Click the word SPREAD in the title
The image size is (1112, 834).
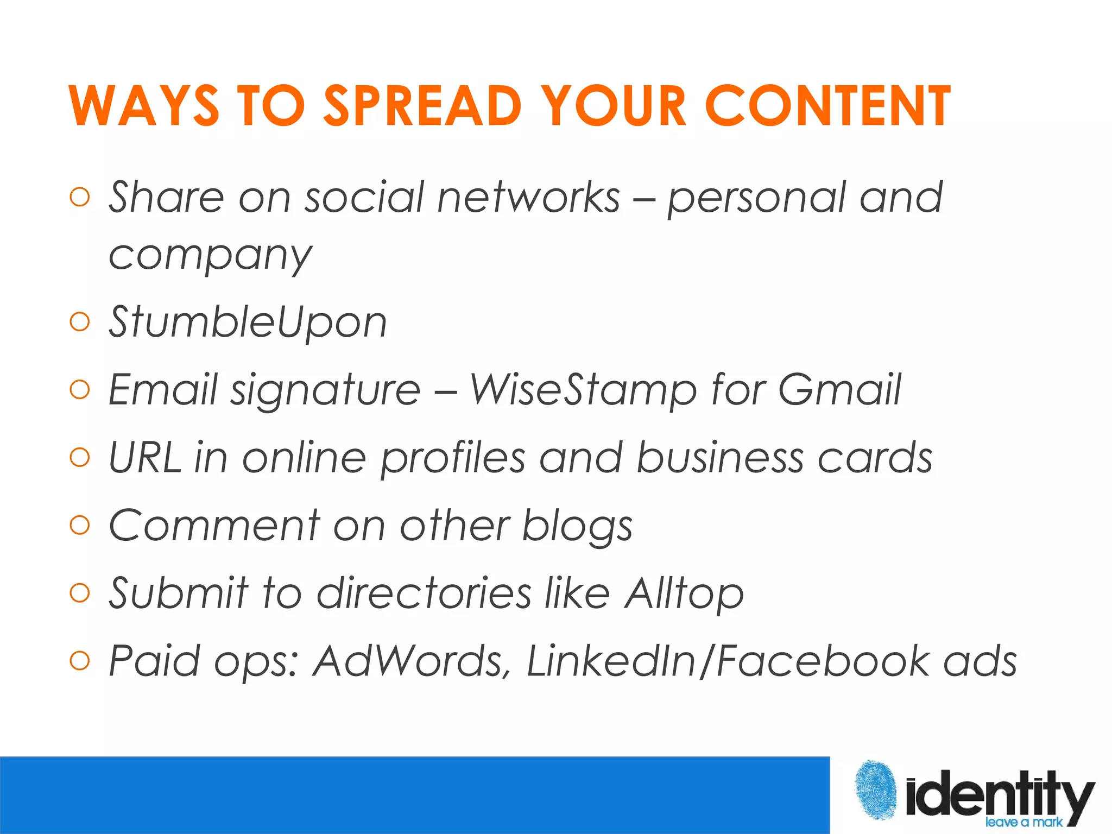tap(422, 106)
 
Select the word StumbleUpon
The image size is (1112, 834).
tap(248, 322)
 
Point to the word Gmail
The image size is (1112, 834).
tap(839, 390)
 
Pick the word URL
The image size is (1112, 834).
tap(144, 457)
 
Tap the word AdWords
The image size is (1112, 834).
tap(411, 661)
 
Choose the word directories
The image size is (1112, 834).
tap(424, 593)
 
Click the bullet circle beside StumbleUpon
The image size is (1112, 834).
tap(80, 322)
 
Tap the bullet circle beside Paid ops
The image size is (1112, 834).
tap(80, 661)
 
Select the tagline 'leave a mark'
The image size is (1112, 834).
tap(1023, 822)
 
